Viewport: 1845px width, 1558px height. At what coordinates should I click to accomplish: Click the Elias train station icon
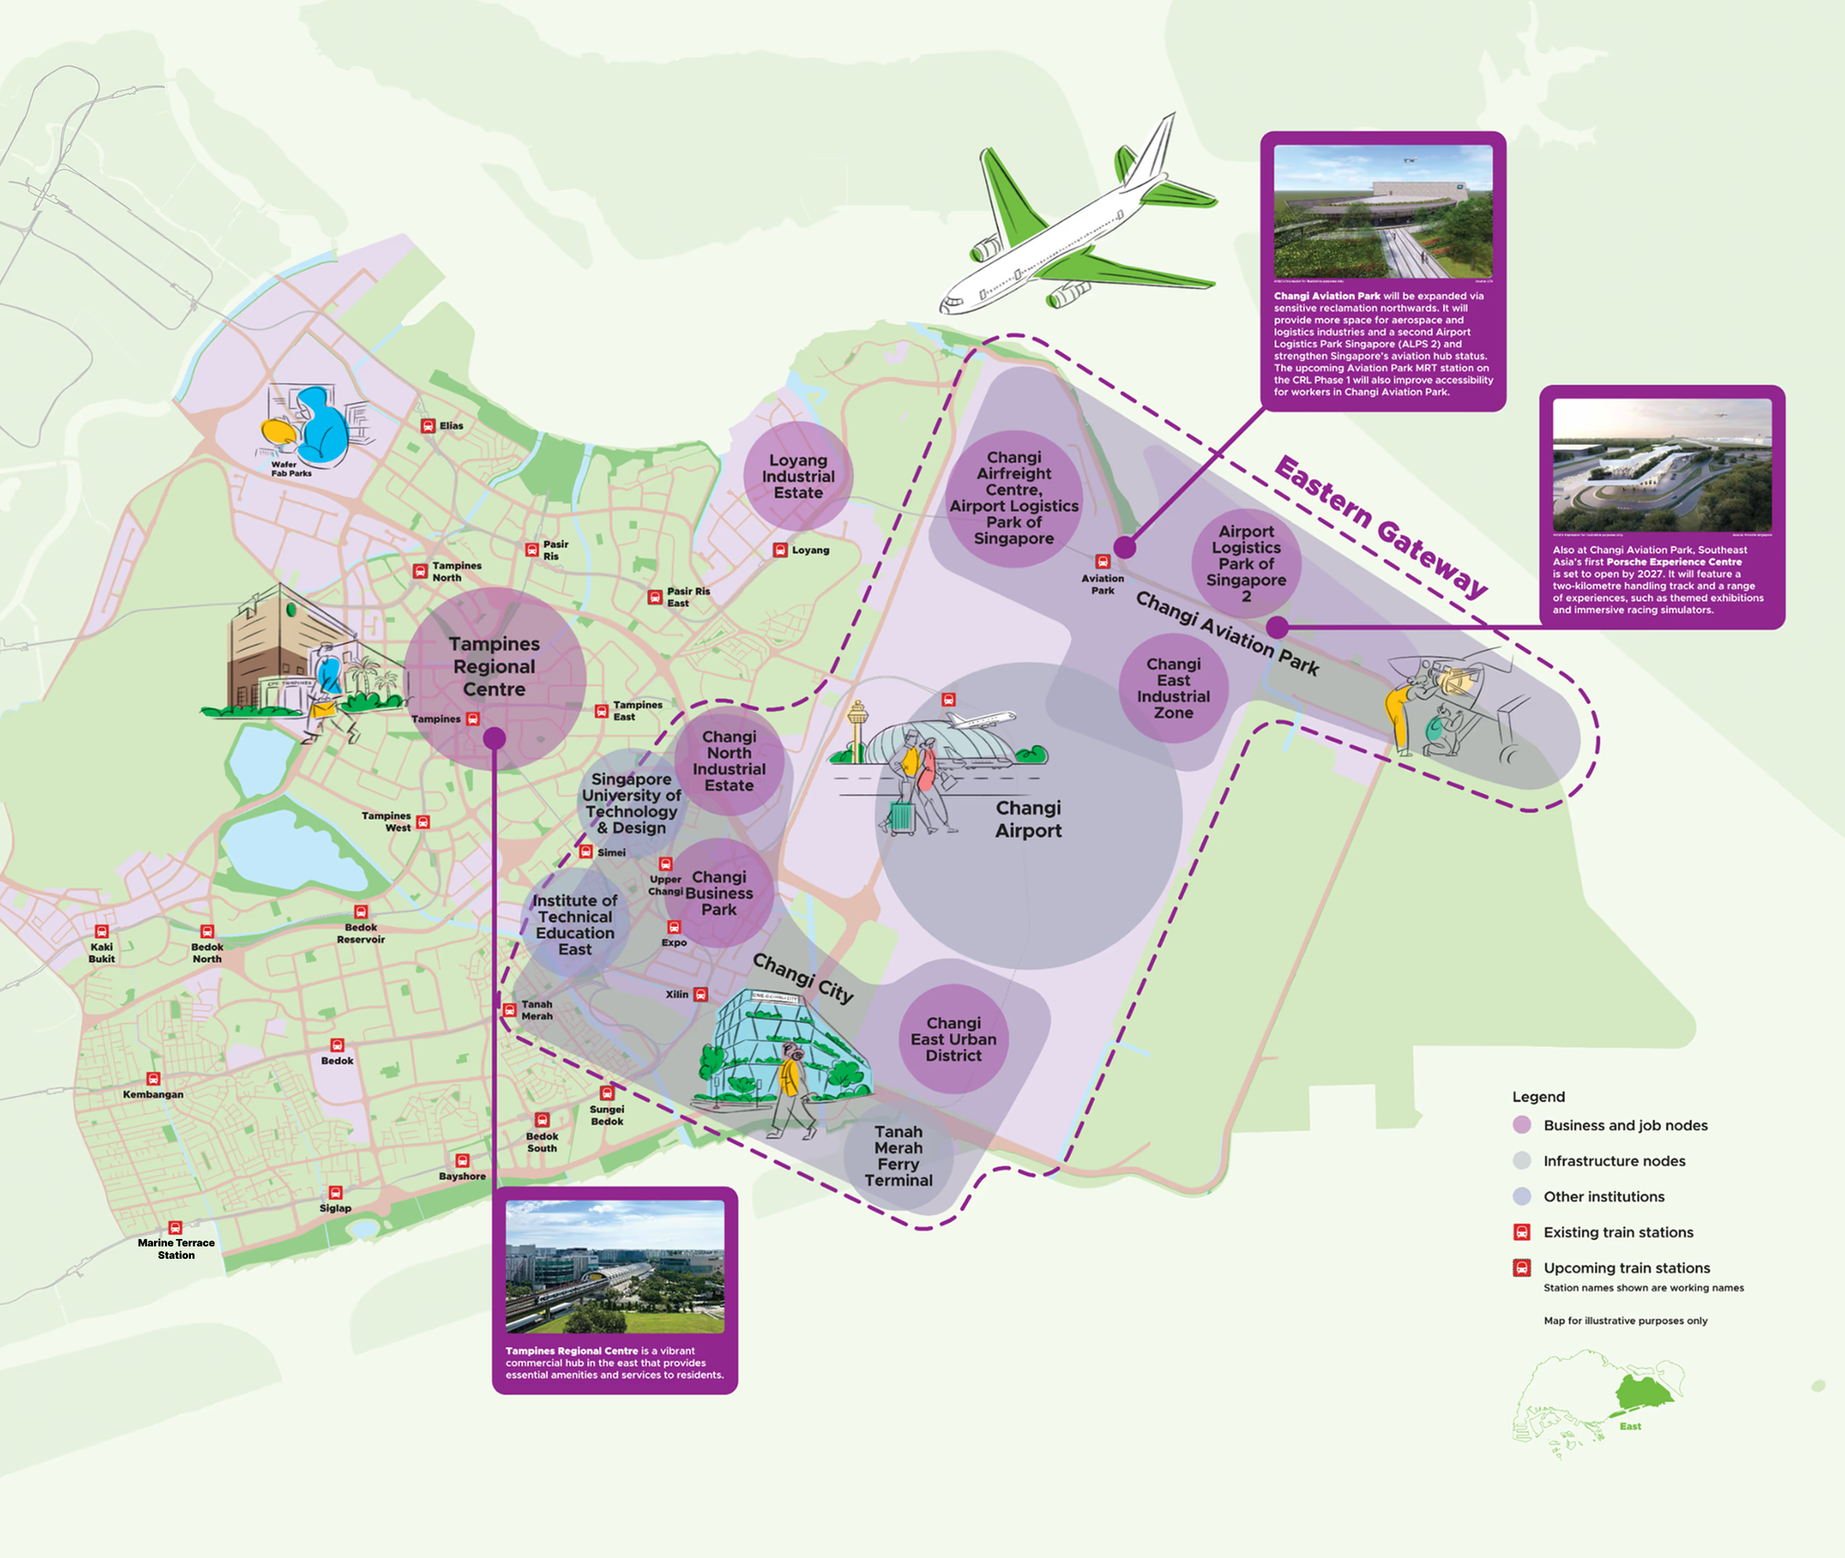point(427,426)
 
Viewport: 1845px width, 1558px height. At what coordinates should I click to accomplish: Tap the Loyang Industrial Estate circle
point(798,476)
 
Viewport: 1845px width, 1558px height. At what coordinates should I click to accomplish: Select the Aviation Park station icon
point(1102,561)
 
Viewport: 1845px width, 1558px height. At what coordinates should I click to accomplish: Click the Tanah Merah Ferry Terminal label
point(899,1156)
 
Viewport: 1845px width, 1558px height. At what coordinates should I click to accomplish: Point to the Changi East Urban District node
point(953,1039)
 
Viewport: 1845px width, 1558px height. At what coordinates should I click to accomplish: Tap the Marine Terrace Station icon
point(175,1228)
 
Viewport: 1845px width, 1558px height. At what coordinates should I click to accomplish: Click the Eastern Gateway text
point(1379,527)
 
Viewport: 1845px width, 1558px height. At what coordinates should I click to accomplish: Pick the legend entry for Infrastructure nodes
point(1613,1161)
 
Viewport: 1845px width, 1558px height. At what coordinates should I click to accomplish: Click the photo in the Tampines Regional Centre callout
point(615,1267)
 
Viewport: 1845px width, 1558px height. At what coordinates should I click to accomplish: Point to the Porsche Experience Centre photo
point(1661,466)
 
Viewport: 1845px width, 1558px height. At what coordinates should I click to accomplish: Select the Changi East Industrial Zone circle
point(1173,688)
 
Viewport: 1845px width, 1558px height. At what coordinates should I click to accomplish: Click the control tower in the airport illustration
point(856,729)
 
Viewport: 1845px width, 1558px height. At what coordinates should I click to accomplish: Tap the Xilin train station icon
point(700,994)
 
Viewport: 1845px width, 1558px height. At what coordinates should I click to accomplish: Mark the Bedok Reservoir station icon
point(360,912)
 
